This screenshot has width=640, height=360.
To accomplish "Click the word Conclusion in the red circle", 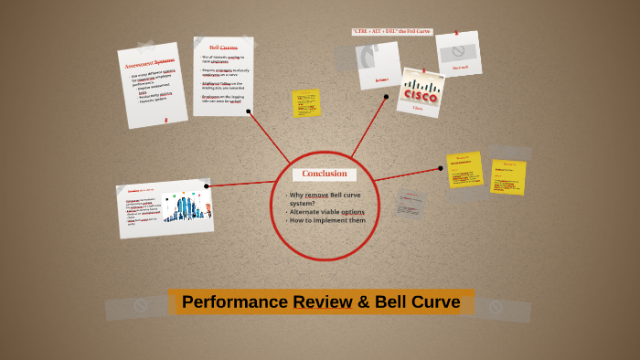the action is (x=325, y=174).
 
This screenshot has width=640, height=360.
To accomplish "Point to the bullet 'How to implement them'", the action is (x=326, y=220).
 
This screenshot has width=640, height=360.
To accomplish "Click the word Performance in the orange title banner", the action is (x=234, y=302).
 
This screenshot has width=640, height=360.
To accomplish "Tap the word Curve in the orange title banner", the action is (x=432, y=302).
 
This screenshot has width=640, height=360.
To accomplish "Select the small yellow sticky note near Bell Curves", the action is (x=305, y=103).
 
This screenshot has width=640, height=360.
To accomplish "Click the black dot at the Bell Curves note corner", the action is (x=249, y=111).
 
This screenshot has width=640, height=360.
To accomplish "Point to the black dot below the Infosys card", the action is (x=387, y=96).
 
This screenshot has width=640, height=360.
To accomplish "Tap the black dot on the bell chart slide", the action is (x=207, y=186).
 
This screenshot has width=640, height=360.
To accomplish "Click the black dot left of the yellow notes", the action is (x=442, y=168).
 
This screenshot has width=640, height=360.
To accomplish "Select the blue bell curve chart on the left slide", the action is (x=190, y=208).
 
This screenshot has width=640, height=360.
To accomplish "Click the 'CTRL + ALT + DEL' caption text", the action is (x=391, y=32).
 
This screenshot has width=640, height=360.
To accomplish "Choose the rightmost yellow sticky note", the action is (x=508, y=176).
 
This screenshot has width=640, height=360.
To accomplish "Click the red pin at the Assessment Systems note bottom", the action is (x=165, y=120).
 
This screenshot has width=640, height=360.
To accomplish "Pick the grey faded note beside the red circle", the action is (x=411, y=205).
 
